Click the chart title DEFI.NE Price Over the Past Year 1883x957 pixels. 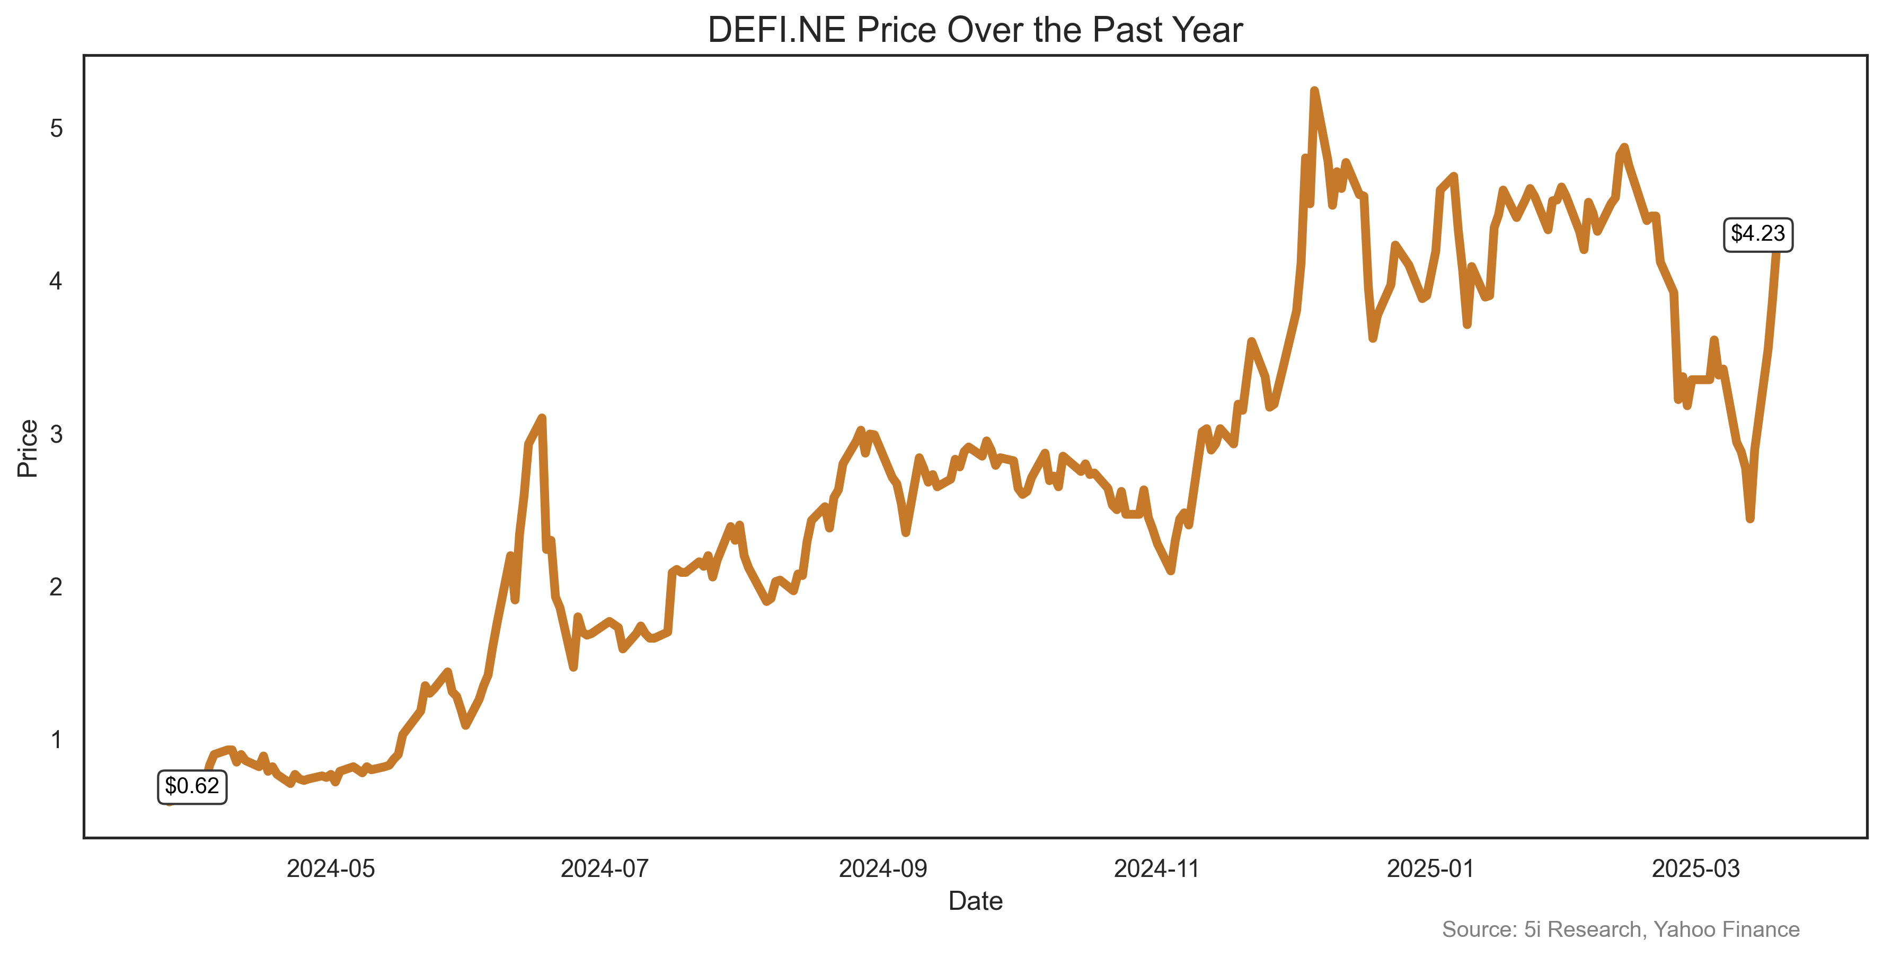pos(975,31)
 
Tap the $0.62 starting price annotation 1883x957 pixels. pos(191,787)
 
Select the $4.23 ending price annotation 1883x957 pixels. pos(1757,234)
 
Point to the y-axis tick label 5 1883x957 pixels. pos(56,129)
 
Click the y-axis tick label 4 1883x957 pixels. pos(56,282)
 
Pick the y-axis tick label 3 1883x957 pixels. pos(56,434)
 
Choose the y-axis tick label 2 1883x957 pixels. pos(56,587)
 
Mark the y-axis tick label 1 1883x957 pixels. pos(56,740)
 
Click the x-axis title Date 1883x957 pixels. pos(975,901)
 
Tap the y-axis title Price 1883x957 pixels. pos(28,448)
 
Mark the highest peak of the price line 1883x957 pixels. pos(1314,91)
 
